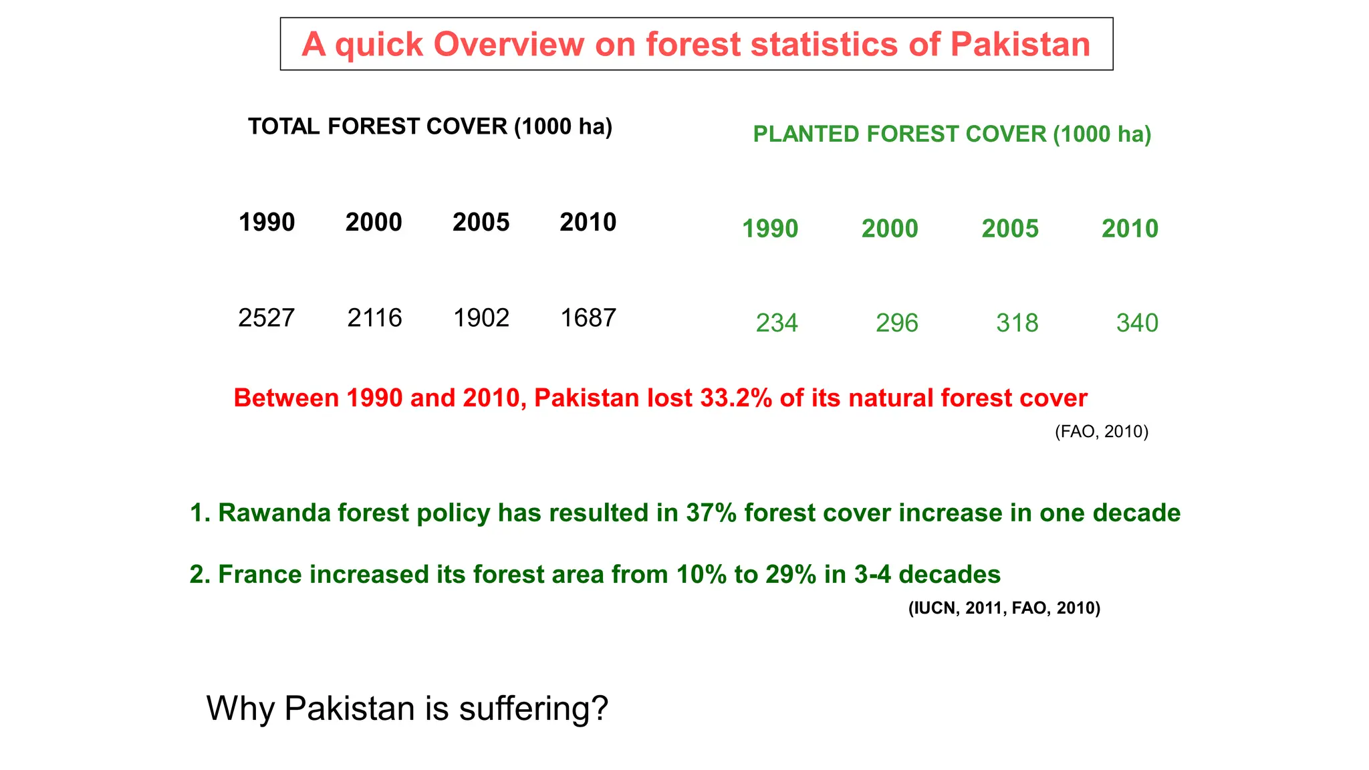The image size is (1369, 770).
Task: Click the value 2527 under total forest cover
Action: coord(266,318)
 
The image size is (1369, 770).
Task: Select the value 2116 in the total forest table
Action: coord(374,318)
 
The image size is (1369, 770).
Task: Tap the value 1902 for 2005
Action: coord(481,318)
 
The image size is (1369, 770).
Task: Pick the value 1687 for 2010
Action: coord(588,318)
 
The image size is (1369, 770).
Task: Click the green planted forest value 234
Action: coord(777,324)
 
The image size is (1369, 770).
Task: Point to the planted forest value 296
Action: coord(897,324)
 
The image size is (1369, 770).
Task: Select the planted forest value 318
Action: coord(1017,324)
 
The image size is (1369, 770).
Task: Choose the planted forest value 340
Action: coord(1137,324)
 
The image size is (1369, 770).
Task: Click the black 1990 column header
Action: coord(267,223)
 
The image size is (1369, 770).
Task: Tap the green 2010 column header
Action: coord(1130,229)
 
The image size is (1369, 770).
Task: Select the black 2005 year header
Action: coord(481,223)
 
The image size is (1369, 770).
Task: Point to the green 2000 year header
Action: coord(890,229)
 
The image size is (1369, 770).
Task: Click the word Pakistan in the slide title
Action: coord(1020,45)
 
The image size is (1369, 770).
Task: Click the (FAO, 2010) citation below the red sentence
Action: coord(1102,432)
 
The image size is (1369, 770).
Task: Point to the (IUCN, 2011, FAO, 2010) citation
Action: coord(1004,608)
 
